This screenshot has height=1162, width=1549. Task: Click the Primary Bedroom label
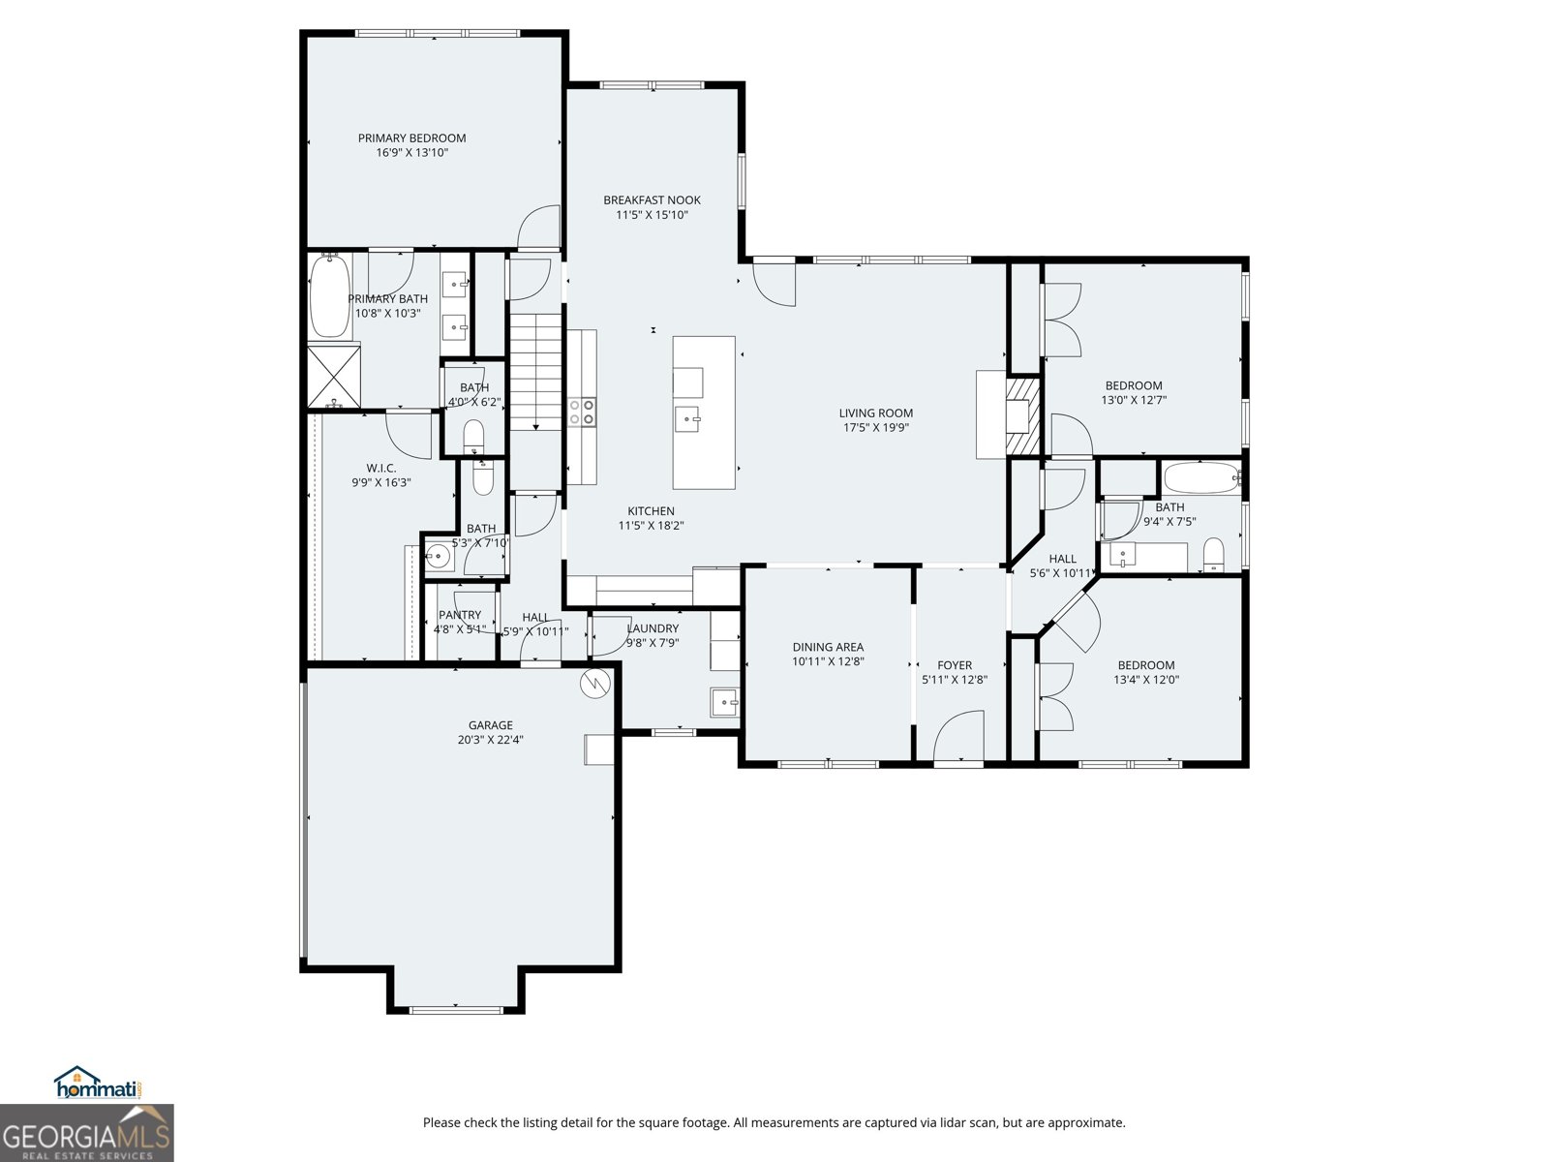coord(411,138)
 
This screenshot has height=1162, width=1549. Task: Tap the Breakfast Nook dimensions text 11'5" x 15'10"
coord(652,215)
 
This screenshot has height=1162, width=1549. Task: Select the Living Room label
coord(875,413)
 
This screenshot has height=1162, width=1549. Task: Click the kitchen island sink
coord(687,419)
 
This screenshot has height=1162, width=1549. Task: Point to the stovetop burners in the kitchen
coord(583,413)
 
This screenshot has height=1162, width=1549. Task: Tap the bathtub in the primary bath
coord(329,295)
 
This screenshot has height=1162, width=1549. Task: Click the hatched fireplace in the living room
coord(1022,414)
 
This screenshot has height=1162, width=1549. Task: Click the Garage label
coord(490,725)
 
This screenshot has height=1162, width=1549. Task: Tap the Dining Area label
coord(828,647)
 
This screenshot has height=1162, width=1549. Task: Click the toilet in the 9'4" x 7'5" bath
coord(1213,555)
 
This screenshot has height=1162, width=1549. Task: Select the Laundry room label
coord(653,628)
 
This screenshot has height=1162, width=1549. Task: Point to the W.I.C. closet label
coord(380,468)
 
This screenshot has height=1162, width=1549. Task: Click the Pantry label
coord(460,615)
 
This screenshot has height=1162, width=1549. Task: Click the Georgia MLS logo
coord(87,1133)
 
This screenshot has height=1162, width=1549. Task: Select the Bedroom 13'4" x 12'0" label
coord(1145,665)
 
